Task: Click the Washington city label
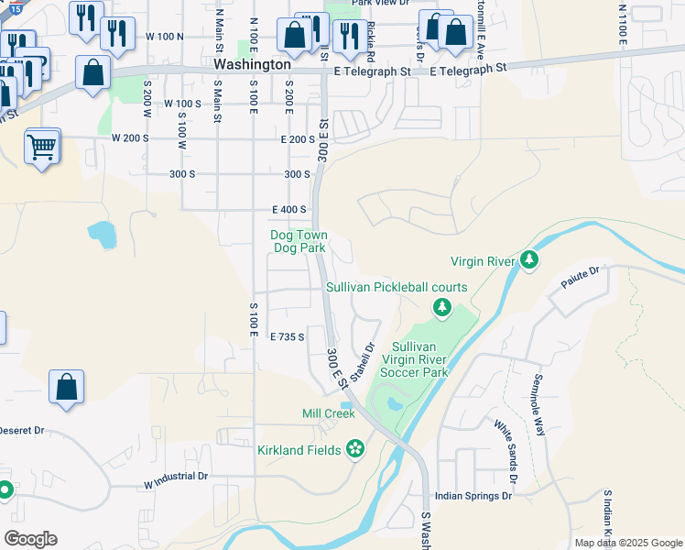[x=252, y=66]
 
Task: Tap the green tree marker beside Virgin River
[x=528, y=261]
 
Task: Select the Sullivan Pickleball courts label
[x=397, y=288]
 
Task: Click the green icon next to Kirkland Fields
[x=355, y=449]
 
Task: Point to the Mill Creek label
[x=328, y=413]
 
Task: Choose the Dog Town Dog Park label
[x=299, y=242]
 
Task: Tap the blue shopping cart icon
[x=42, y=146]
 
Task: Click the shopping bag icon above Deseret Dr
[x=67, y=388]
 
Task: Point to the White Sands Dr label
[x=506, y=452]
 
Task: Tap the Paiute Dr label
[x=581, y=271]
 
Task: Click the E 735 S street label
[x=286, y=337]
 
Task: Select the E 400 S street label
[x=288, y=210]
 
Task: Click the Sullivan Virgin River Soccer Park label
[x=420, y=359]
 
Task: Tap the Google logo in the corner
[x=30, y=539]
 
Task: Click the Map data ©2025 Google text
[x=627, y=543]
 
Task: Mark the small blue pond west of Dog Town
[x=103, y=235]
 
